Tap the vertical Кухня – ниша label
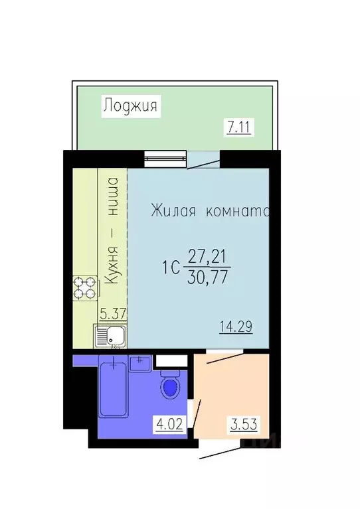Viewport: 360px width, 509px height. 112,231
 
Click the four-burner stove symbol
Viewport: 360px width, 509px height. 85,290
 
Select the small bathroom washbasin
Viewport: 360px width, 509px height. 139,362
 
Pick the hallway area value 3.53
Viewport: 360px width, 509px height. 244,422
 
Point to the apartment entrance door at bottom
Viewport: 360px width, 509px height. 216,452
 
